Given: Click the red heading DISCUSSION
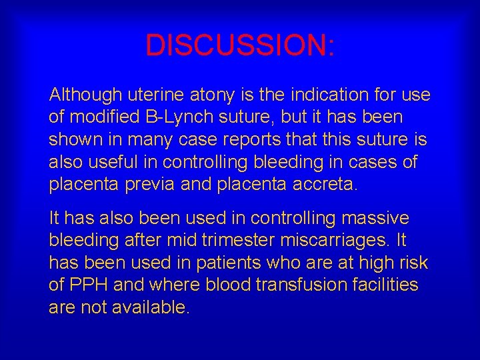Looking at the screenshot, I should point(240,45).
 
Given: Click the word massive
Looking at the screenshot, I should point(380,218).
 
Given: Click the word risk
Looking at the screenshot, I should point(413,263).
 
